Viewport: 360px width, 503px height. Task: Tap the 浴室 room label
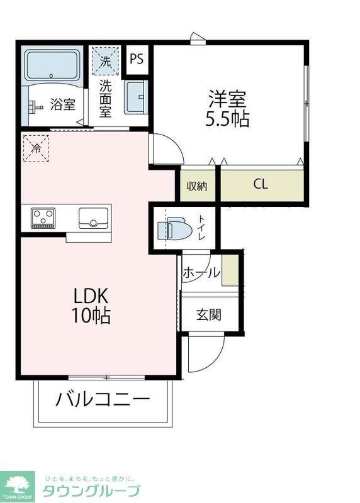click(63, 105)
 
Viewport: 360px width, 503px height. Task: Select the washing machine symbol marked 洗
click(104, 62)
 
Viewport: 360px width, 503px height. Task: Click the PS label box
click(137, 60)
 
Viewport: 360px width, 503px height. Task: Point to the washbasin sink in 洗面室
click(135, 97)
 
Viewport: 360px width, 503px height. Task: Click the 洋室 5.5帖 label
click(227, 109)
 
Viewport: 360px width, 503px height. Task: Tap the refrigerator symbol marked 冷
click(36, 148)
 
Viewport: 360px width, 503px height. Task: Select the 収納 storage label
click(197, 186)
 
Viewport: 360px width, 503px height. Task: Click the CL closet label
click(261, 185)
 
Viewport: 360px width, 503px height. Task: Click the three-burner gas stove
click(43, 218)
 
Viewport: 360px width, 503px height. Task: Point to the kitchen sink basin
click(93, 218)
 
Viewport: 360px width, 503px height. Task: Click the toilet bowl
click(177, 229)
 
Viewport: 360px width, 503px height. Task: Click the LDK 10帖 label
click(93, 305)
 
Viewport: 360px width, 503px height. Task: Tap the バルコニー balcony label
click(103, 400)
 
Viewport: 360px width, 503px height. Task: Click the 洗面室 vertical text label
click(104, 98)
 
